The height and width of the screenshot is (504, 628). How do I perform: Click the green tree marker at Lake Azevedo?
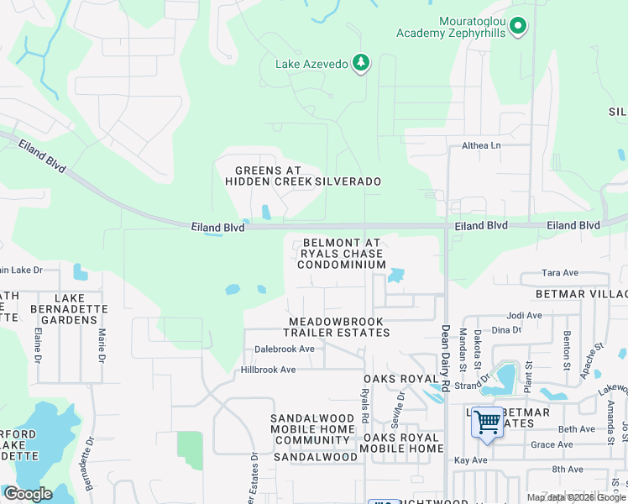361,63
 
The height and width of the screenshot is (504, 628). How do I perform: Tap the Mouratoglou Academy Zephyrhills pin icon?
518,27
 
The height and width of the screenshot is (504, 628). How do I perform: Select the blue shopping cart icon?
487,422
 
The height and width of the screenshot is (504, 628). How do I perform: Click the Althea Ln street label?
481,145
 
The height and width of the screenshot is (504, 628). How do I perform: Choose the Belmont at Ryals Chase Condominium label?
341,253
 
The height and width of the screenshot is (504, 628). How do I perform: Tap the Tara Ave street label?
560,273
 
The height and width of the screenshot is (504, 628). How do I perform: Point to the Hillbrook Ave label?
269,370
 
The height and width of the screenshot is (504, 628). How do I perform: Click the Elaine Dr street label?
39,344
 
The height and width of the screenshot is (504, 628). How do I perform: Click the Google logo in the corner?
28,494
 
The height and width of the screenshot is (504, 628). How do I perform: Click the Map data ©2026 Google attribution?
576,497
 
